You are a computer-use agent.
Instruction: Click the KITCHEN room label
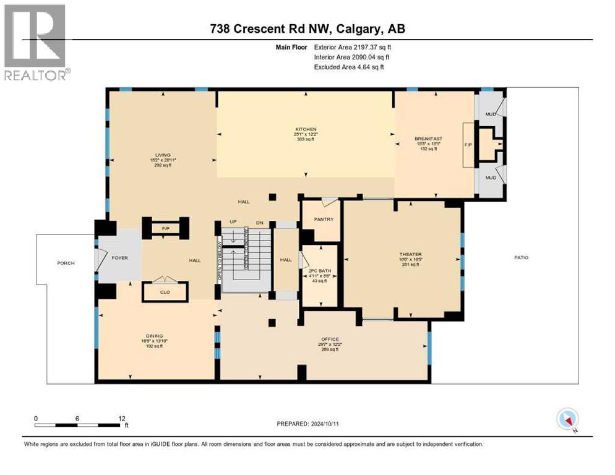[x=305, y=129]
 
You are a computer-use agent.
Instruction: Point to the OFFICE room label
[x=330, y=339]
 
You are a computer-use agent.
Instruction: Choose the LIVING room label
[x=163, y=155]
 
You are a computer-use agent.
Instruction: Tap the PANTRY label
[x=324, y=219]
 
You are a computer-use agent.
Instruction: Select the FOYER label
[x=119, y=257]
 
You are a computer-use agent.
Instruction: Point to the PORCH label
[x=66, y=263]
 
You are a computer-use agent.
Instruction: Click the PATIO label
[x=520, y=257]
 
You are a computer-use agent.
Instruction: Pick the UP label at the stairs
[x=233, y=222]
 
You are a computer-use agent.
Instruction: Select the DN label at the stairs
[x=260, y=222]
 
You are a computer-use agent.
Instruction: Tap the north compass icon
[x=567, y=420]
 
